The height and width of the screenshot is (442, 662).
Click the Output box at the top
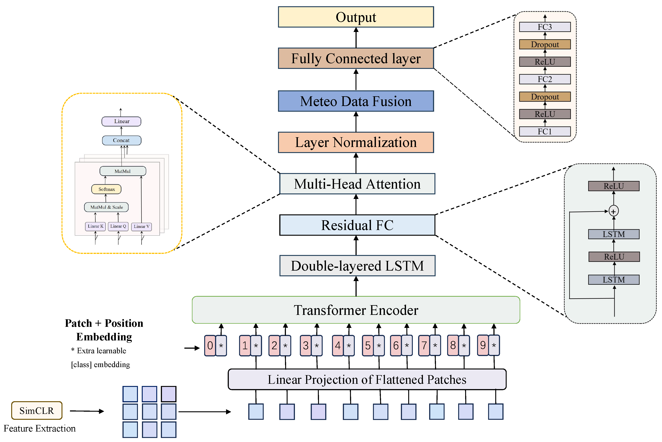[356, 17]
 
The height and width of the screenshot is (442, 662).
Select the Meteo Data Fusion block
[356, 101]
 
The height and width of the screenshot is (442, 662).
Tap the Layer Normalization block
[356, 142]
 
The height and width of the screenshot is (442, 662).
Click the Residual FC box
[357, 225]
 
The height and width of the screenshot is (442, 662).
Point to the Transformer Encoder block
[356, 310]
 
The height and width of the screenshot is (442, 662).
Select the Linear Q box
[118, 226]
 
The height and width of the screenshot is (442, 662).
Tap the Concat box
[121, 140]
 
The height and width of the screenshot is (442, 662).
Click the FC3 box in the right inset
[544, 27]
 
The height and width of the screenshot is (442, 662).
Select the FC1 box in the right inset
[544, 131]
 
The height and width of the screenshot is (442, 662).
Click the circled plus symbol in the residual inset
[614, 211]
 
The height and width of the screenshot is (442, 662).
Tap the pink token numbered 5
[368, 345]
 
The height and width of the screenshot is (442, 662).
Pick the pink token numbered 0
[210, 345]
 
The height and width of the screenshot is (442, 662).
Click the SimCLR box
[37, 410]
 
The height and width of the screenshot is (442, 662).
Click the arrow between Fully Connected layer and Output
[356, 38]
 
